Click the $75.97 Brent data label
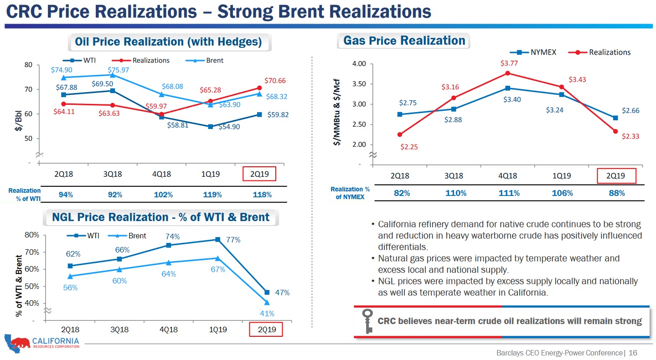click(119, 70)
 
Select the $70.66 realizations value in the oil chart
click(275, 81)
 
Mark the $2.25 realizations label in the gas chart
click(409, 147)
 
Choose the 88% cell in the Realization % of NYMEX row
click(616, 193)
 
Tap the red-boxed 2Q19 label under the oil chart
click(259, 174)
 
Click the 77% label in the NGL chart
click(233, 240)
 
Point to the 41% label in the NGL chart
click(267, 314)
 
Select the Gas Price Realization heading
click(404, 41)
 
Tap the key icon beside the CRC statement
click(367, 321)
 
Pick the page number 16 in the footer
click(633, 353)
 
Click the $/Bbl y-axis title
click(19, 121)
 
